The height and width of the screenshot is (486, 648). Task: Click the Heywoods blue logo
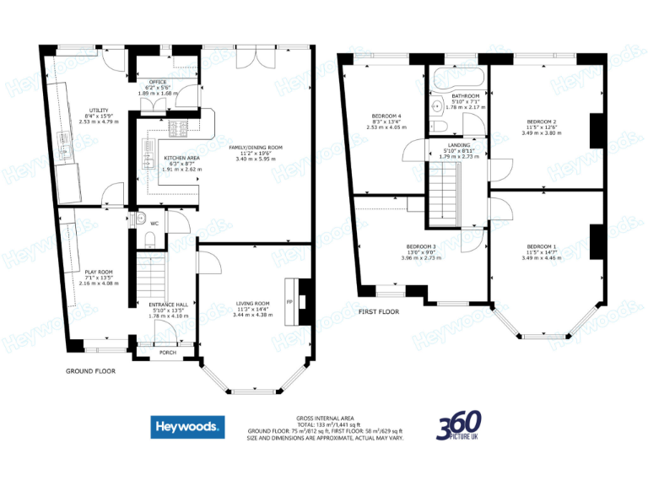(x=187, y=427)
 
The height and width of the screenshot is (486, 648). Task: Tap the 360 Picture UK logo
(x=459, y=426)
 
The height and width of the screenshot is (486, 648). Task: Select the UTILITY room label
(x=99, y=111)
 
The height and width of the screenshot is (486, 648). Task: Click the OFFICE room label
(x=158, y=82)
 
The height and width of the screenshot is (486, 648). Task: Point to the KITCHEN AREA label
(x=181, y=158)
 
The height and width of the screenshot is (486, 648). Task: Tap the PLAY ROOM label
(x=99, y=272)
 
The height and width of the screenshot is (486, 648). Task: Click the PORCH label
(x=167, y=352)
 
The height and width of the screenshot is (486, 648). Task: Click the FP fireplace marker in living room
(x=289, y=302)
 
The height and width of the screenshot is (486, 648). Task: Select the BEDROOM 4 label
(x=387, y=116)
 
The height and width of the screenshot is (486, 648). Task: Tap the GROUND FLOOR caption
(x=90, y=370)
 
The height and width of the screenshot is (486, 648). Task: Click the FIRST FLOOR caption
(x=378, y=311)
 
